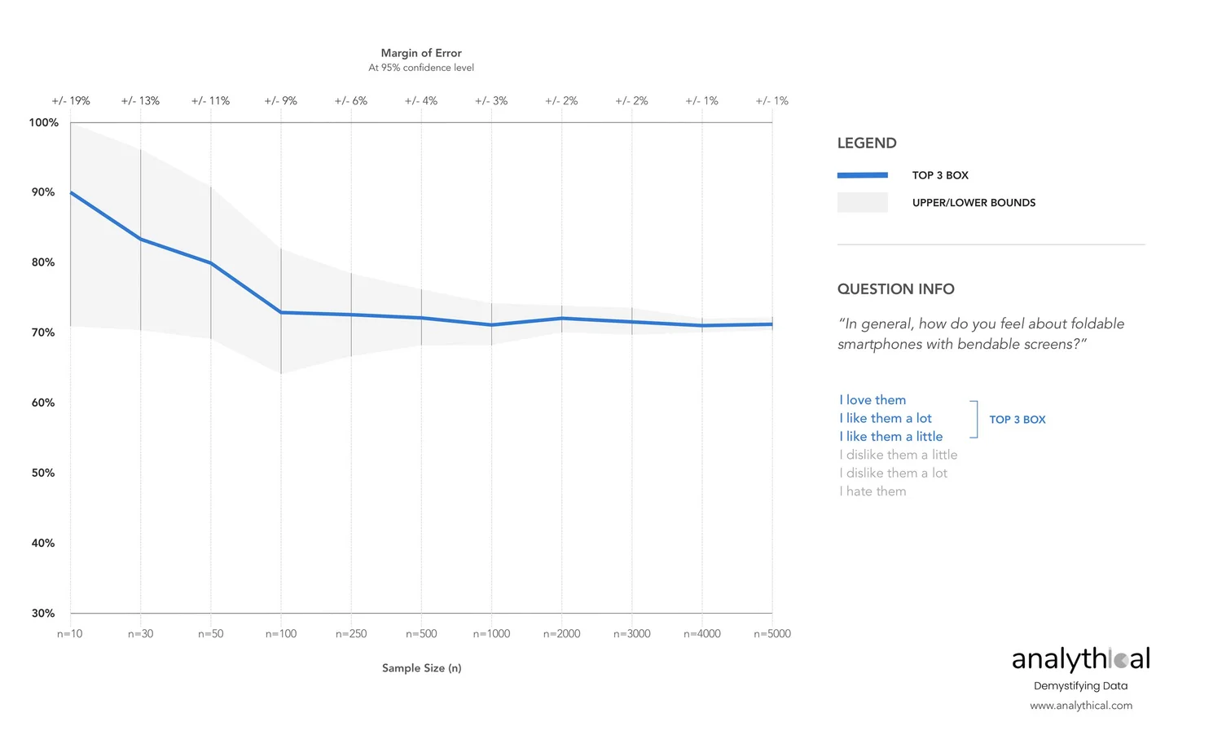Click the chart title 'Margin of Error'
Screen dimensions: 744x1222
coord(421,53)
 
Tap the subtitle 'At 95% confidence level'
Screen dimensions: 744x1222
coord(421,68)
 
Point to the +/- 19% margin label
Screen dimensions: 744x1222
coord(71,101)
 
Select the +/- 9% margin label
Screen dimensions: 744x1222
coord(281,101)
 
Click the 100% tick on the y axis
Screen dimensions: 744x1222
coord(44,123)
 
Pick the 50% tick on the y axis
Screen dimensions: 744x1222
coord(43,473)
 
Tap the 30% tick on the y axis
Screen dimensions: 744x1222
coord(43,613)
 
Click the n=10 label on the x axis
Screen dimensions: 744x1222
coord(70,634)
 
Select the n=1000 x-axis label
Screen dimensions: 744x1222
coord(491,634)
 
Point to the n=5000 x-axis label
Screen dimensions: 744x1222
coord(772,634)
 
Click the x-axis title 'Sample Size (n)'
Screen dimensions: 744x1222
coord(421,668)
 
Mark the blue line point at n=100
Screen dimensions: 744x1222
coord(281,312)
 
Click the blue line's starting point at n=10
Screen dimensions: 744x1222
coord(71,192)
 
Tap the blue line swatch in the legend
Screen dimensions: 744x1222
coord(862,175)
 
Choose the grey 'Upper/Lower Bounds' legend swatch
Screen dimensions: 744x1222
coord(862,203)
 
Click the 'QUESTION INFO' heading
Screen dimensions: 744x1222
coord(895,289)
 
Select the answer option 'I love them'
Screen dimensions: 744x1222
coord(873,400)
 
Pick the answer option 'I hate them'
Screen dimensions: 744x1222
coord(873,491)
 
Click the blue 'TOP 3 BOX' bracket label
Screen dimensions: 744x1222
coord(1017,420)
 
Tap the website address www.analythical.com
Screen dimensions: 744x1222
coord(1080,706)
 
